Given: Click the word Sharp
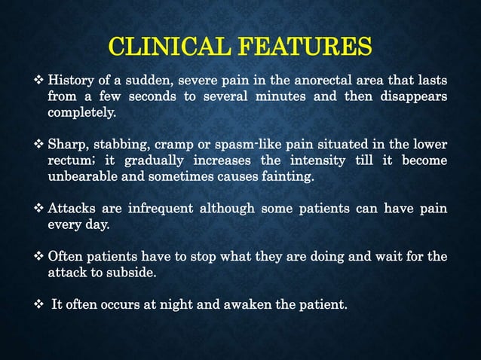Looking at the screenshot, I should coord(66,145).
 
